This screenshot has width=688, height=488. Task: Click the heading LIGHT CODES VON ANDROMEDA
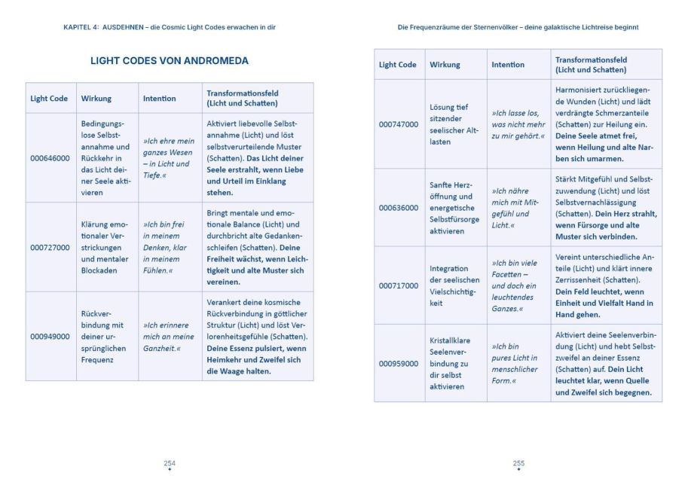coord(170,61)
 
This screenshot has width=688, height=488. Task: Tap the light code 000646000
coord(50,158)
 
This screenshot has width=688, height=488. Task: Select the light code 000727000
coord(50,247)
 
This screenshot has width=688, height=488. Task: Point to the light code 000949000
coord(50,337)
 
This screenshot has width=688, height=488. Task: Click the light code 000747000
coord(399,124)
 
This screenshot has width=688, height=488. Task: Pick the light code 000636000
coord(399,208)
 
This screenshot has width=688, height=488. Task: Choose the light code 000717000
coord(399,285)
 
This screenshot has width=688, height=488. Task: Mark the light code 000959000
coord(399,364)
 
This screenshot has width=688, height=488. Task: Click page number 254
coord(170,463)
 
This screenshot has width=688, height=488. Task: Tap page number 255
coord(518,463)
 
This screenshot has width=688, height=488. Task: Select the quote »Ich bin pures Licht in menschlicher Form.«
coord(517,364)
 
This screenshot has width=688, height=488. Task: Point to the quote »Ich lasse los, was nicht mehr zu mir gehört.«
coord(518,124)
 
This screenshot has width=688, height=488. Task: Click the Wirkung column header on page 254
coord(96,99)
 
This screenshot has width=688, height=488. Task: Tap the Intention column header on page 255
coord(508,65)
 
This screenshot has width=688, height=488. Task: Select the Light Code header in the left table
coord(49,99)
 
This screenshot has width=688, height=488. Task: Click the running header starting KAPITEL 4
coord(170,27)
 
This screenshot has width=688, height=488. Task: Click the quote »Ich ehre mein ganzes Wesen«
coord(169,158)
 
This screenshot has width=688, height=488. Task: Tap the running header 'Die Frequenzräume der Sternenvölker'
coord(518,27)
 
